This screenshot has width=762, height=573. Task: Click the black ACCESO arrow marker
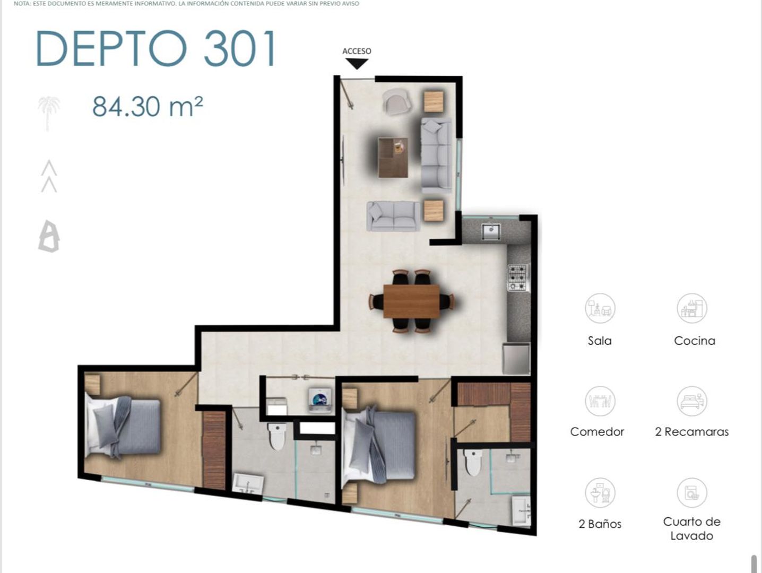click(357, 64)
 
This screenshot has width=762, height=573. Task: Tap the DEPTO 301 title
click(156, 48)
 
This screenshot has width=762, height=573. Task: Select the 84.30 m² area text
click(148, 106)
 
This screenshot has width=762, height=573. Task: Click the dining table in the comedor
click(412, 301)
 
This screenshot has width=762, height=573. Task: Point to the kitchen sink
click(491, 232)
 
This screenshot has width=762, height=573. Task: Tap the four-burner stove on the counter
click(518, 277)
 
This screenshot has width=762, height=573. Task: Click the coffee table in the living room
click(393, 158)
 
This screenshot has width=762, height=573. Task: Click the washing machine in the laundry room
click(320, 401)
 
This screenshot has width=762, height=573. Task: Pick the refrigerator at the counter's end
click(517, 359)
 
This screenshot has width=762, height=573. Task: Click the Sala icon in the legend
click(600, 308)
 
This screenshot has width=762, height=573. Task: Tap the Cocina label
click(695, 341)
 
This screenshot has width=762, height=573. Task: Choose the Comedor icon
click(600, 401)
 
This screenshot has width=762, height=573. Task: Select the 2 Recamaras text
click(692, 432)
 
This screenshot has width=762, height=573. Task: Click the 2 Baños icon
click(600, 493)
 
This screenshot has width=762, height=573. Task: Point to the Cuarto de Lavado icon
click(692, 493)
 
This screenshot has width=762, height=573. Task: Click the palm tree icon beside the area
click(49, 114)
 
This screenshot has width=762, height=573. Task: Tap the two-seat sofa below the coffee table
click(393, 216)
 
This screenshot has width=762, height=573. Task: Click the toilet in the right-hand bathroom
click(473, 463)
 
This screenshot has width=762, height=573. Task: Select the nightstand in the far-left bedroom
click(92, 385)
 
